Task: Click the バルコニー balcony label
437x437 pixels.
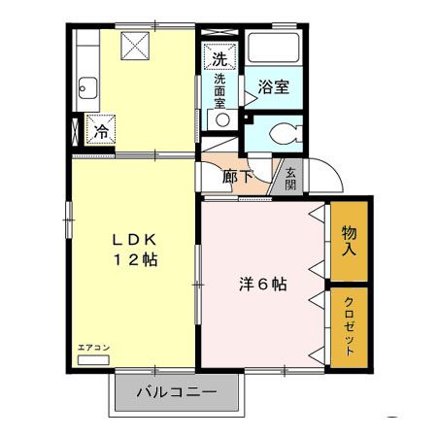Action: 176,393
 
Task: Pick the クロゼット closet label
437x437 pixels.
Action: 349,326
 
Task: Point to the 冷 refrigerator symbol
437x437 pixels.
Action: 100,129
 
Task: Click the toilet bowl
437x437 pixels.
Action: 285,135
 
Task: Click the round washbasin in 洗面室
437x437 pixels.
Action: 222,119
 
